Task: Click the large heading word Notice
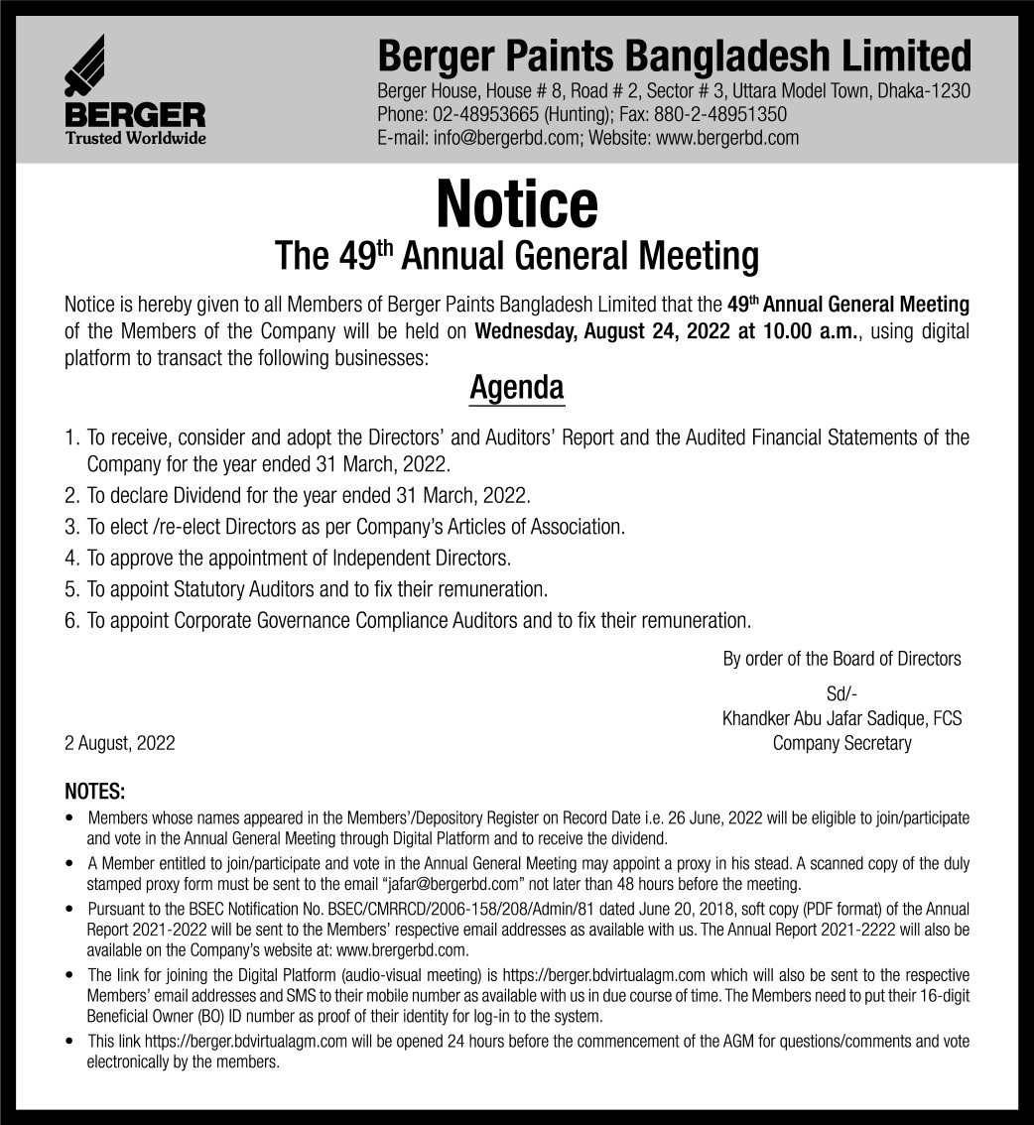(516, 203)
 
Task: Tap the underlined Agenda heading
(516, 387)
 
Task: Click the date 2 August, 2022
(120, 743)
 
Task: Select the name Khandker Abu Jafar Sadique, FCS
(841, 718)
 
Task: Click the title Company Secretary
(841, 743)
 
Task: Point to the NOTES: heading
(95, 793)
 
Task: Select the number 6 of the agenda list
(70, 621)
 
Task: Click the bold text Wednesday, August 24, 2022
(604, 330)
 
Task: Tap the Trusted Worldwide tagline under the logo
(136, 138)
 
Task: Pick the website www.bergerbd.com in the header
(727, 138)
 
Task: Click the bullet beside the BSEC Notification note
(67, 909)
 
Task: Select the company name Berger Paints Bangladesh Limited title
(674, 55)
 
